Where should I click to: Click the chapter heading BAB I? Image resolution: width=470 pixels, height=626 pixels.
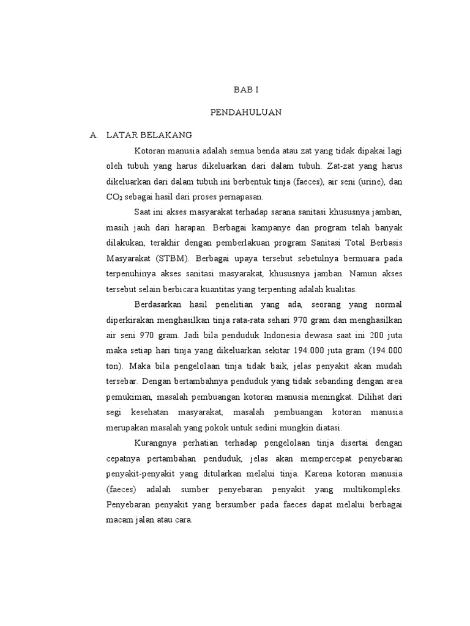(247, 89)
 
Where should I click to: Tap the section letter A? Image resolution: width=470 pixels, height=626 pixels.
(93, 134)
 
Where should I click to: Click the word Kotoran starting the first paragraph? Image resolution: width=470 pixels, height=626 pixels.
(151, 150)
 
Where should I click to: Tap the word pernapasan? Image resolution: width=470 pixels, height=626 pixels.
(239, 197)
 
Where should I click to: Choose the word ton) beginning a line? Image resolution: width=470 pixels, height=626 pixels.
(115, 366)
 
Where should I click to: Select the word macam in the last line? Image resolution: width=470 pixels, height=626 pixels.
(120, 520)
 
